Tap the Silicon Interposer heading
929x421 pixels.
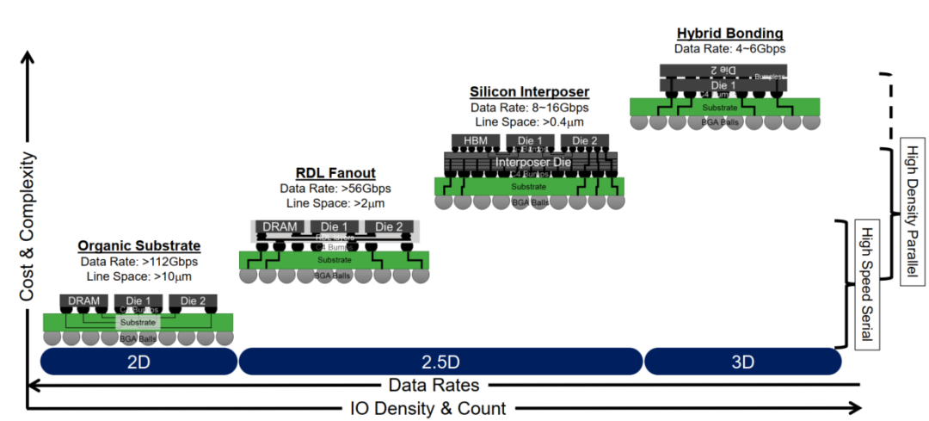(528, 91)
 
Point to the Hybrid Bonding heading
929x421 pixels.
(729, 34)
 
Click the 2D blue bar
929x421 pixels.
(138, 362)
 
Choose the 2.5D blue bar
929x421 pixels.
(440, 362)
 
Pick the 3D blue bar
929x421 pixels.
(742, 362)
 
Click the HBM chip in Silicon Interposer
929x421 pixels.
(475, 141)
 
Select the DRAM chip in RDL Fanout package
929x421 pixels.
(279, 227)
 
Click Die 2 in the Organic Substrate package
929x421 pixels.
(193, 301)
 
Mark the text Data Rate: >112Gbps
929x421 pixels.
(138, 261)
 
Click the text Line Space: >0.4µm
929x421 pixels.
(528, 123)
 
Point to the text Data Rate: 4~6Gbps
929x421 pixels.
(729, 49)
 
